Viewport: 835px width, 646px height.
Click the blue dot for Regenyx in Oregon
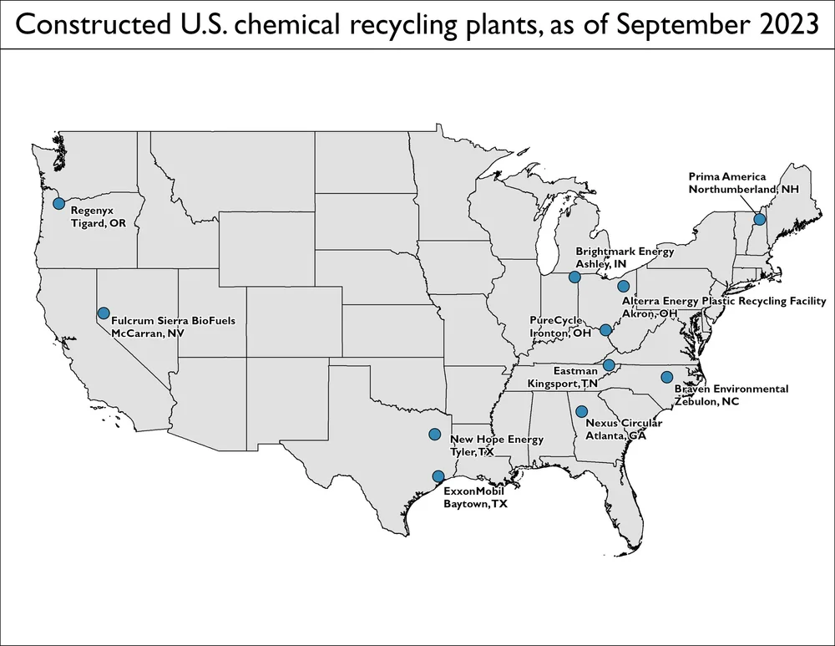point(58,203)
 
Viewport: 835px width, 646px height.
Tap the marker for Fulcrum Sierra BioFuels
point(104,313)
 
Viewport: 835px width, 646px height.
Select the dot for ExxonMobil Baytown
point(438,476)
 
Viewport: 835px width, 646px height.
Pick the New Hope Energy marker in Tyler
point(434,434)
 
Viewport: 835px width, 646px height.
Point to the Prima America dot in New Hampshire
point(760,219)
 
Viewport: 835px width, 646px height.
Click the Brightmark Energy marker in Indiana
point(574,277)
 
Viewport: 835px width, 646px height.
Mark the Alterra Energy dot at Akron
point(623,287)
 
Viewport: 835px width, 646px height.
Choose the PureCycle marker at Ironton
point(606,330)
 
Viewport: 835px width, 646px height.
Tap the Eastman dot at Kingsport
point(609,365)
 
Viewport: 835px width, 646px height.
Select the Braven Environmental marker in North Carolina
point(666,377)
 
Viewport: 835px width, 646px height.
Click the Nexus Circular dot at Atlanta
point(581,411)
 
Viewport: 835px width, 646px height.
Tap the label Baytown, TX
point(475,505)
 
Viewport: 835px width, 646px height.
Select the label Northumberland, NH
point(743,190)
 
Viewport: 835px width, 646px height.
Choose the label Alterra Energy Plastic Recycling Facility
point(723,301)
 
